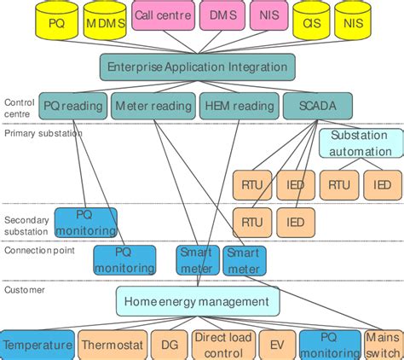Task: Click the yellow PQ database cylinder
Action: click(56, 20)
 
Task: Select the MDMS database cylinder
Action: click(105, 20)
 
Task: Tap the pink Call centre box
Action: click(163, 15)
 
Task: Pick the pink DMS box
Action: click(222, 15)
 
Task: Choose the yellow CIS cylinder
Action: click(311, 20)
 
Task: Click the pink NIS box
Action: click(269, 15)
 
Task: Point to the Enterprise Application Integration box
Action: click(198, 67)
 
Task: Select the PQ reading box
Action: click(73, 106)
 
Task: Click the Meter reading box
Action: click(153, 106)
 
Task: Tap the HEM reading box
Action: click(240, 106)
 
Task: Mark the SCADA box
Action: click(318, 106)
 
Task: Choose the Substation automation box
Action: click(361, 143)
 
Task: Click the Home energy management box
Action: click(198, 301)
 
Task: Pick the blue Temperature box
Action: click(38, 345)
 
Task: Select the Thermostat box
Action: click(113, 345)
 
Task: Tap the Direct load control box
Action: click(223, 345)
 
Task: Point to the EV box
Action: click(277, 345)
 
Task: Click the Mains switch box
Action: click(383, 345)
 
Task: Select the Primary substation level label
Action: click(43, 133)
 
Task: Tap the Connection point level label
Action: click(39, 251)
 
